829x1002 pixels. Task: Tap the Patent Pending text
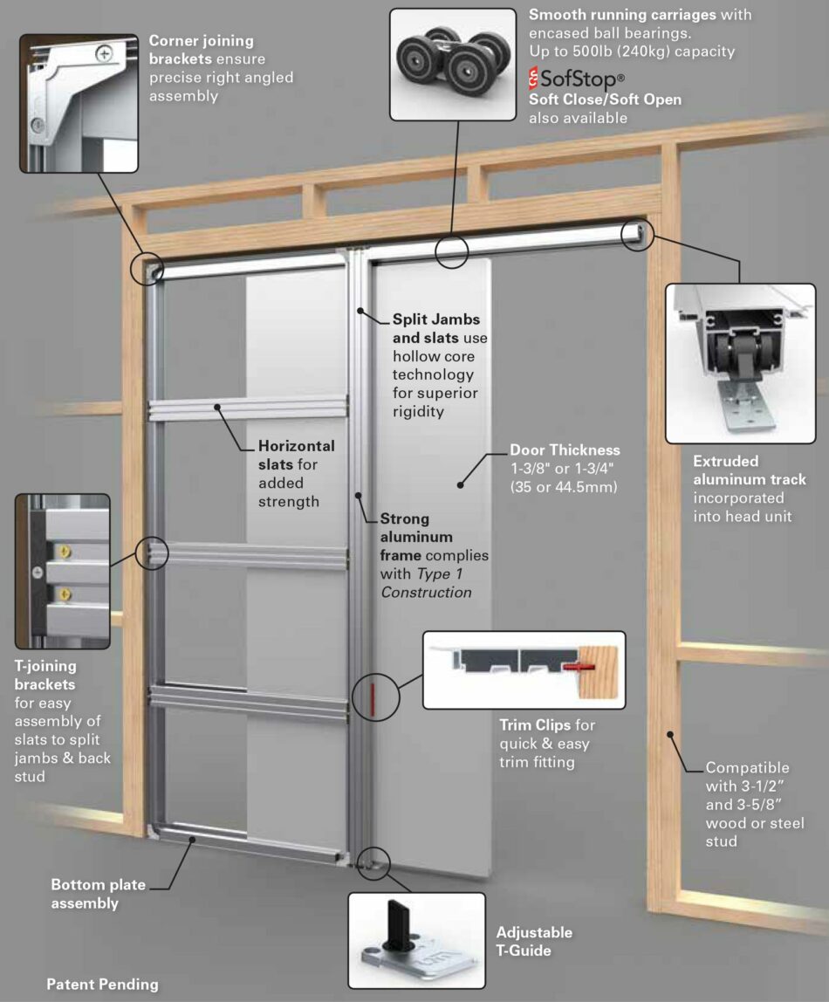[102, 984]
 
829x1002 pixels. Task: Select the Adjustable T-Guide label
[534, 941]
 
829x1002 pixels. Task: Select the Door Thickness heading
[565, 450]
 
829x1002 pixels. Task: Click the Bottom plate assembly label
[98, 894]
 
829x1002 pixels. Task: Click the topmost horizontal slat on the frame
[250, 408]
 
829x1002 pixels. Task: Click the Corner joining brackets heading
[201, 50]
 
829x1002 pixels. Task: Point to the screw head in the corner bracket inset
[106, 53]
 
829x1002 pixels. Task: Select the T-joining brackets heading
[45, 675]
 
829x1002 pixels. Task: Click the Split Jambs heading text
[435, 319]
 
